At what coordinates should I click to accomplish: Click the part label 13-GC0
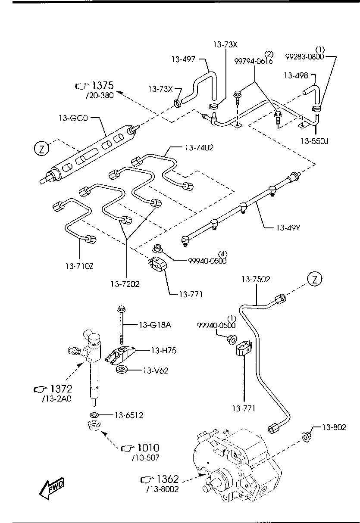click(x=73, y=118)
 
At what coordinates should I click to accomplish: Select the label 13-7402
click(x=199, y=148)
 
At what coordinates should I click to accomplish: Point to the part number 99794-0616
click(x=254, y=61)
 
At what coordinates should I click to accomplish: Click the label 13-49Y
click(x=288, y=227)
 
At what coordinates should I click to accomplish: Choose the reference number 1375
click(x=103, y=86)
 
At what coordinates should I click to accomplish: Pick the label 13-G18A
click(x=155, y=325)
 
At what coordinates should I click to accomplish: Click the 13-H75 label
click(x=164, y=350)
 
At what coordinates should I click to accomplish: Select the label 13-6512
click(x=129, y=415)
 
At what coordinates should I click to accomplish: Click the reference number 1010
click(x=148, y=448)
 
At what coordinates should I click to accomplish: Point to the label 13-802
click(x=334, y=427)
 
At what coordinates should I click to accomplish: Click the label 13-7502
click(x=256, y=279)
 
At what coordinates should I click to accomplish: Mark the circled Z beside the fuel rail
click(x=41, y=149)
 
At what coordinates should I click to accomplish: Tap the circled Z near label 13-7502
click(x=314, y=279)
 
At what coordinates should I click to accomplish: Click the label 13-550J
click(x=314, y=141)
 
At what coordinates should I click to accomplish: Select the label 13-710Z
click(x=79, y=266)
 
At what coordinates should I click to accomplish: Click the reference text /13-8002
click(x=163, y=489)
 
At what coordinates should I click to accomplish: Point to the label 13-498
click(x=296, y=75)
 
